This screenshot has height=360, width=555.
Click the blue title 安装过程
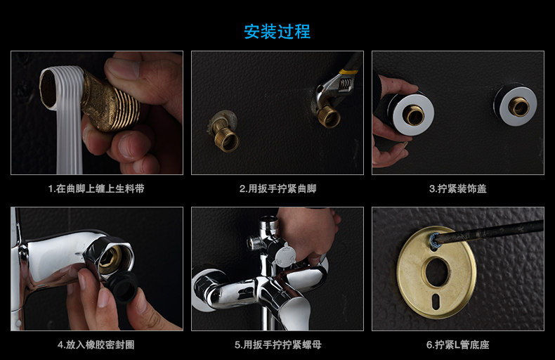[277, 32]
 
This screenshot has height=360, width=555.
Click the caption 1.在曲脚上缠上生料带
[96, 188]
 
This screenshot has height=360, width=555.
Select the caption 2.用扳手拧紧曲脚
[278, 188]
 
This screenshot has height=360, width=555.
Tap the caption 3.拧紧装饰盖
[458, 188]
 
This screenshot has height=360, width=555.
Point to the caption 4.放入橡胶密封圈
[96, 345]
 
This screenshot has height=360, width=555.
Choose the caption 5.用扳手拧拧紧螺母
[278, 345]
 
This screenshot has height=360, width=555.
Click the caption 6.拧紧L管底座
[457, 345]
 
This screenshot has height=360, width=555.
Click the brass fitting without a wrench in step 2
[223, 131]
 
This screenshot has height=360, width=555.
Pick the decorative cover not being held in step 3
[516, 104]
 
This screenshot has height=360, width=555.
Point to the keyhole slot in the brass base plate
[436, 300]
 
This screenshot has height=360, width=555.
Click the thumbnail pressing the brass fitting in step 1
[123, 68]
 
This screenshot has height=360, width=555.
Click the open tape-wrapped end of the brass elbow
[50, 88]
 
